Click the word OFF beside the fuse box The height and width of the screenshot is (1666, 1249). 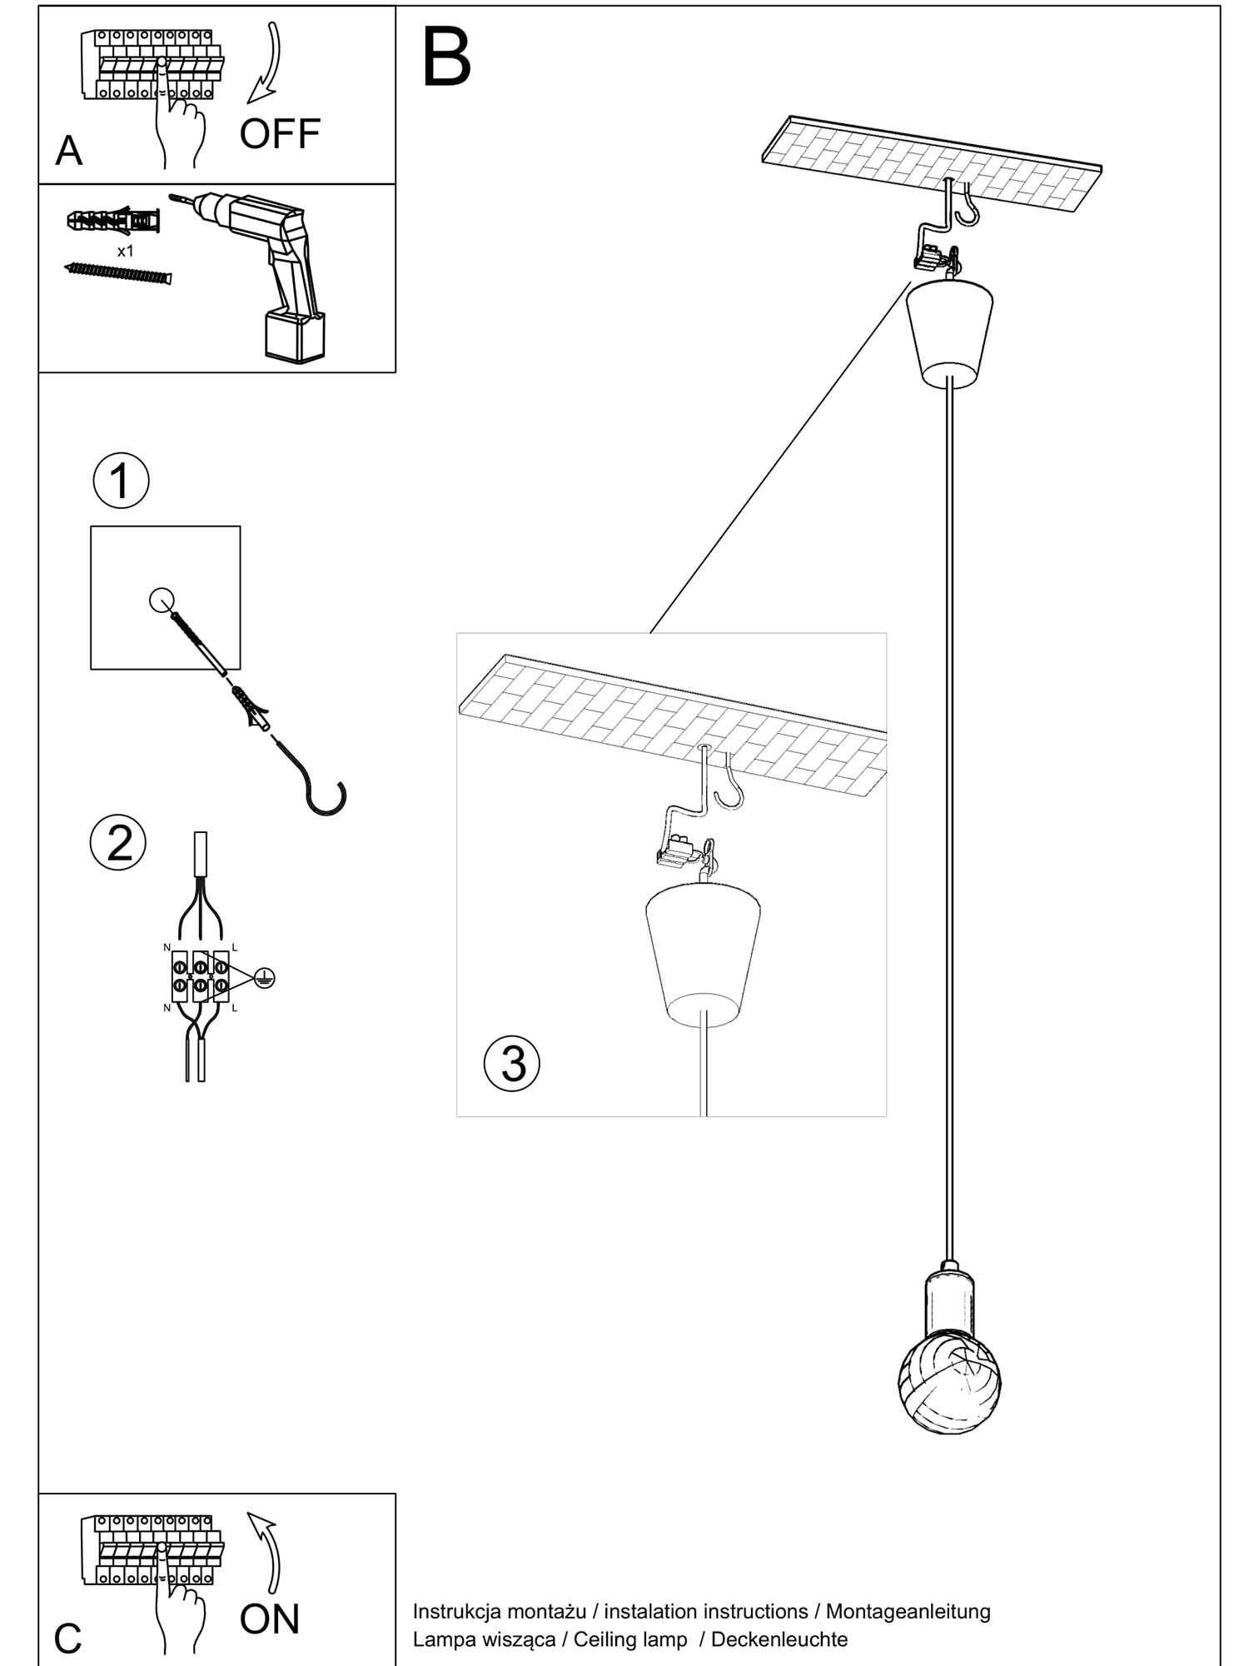tap(280, 134)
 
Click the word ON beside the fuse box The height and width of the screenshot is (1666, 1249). tap(269, 1619)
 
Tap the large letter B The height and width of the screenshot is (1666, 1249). tap(446, 57)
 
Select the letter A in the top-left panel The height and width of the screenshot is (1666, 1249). tap(69, 152)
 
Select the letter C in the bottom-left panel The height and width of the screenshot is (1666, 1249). tap(67, 1639)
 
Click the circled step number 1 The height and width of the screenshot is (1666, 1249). tap(121, 481)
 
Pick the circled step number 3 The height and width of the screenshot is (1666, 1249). tap(512, 1064)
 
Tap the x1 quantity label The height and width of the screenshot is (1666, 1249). tap(126, 251)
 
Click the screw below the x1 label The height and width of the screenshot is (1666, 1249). tap(118, 273)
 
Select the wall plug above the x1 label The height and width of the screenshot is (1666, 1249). tap(113, 221)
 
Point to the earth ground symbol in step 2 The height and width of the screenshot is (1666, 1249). tap(263, 978)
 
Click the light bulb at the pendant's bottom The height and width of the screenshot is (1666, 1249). tap(950, 1385)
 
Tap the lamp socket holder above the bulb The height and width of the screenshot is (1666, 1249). tap(949, 1303)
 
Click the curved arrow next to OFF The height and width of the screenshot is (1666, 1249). tap(267, 63)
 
